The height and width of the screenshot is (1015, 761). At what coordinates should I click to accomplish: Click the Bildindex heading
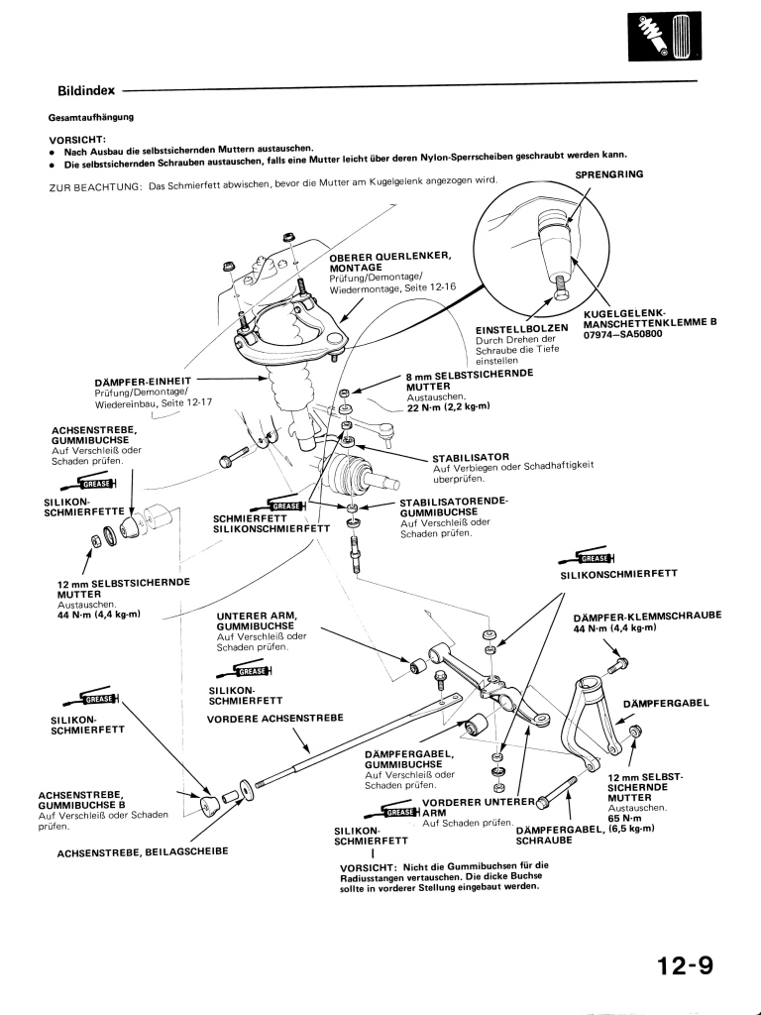(x=86, y=90)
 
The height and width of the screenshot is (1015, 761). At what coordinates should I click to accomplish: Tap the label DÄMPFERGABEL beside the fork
(x=665, y=703)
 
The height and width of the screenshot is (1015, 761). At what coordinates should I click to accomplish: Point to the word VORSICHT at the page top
(x=76, y=140)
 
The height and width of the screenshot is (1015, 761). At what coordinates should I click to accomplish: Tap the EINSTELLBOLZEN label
(x=522, y=329)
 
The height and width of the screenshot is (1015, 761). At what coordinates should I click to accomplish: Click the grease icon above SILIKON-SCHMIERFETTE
(x=88, y=483)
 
